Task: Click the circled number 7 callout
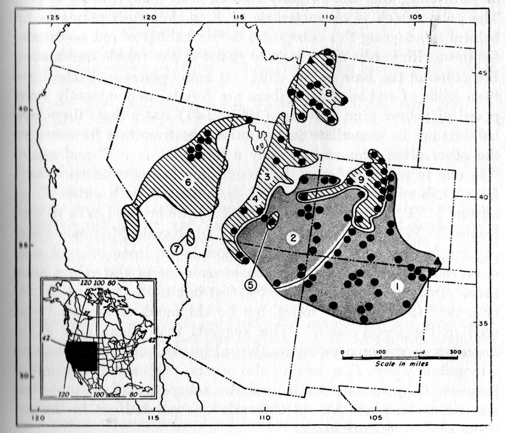tap(177, 248)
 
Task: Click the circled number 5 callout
tap(250, 284)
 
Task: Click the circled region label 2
tap(293, 238)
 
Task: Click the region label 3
tap(267, 177)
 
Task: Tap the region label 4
tap(255, 199)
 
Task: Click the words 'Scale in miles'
tap(402, 364)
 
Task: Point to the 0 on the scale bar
tap(343, 352)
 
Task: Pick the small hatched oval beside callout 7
tap(190, 237)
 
